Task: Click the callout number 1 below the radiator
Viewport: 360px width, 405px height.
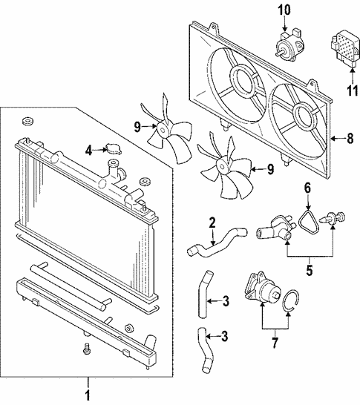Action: click(x=88, y=395)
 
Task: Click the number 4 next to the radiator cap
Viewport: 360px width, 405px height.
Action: click(x=89, y=150)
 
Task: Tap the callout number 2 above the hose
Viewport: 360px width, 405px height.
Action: click(x=212, y=222)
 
